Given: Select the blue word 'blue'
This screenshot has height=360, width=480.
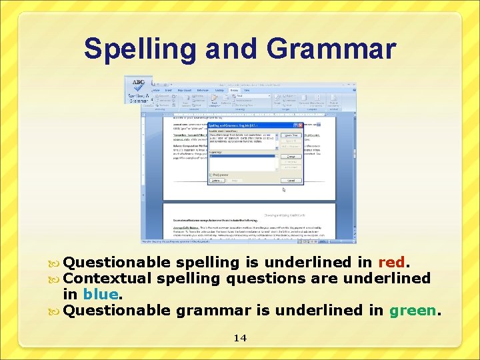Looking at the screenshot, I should (101, 294).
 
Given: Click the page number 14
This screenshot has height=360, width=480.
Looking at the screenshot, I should (240, 338).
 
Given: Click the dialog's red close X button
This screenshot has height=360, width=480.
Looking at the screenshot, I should (300, 125).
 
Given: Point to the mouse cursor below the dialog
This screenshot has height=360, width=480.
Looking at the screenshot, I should (284, 190).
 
